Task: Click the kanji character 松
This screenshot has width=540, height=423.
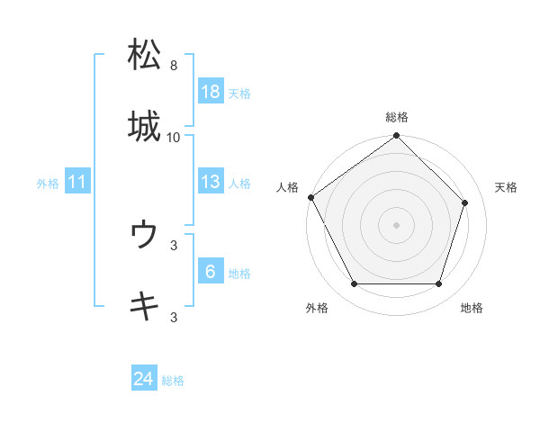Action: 145,55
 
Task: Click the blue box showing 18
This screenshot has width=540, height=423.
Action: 210,92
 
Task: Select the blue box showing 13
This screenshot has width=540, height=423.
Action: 210,183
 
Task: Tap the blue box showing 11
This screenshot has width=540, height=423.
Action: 77,183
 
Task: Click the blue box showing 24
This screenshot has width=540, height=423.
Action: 143,380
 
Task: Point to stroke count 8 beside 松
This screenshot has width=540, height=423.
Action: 174,66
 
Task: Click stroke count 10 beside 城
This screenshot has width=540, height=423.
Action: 174,137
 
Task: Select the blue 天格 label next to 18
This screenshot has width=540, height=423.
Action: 239,93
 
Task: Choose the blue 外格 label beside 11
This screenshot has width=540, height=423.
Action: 48,184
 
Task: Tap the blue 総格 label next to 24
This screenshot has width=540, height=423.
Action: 173,381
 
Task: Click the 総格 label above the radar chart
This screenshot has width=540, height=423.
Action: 397,117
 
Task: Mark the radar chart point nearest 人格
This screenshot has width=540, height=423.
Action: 311,197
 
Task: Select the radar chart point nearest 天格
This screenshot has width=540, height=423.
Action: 465,202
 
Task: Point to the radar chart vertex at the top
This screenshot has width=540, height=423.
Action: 397,136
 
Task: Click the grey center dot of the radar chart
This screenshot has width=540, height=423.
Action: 397,224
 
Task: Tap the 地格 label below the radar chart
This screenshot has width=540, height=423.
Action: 472,308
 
